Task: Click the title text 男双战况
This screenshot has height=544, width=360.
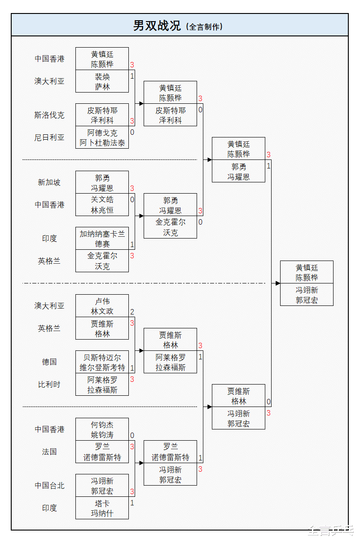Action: [157, 26]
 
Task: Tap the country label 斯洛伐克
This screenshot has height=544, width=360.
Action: [49, 115]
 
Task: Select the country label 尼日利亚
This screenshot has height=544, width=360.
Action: [49, 137]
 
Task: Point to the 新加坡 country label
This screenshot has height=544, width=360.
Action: [49, 182]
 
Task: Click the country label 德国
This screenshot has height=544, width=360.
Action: [49, 362]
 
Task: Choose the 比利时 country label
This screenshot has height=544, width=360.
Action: [49, 385]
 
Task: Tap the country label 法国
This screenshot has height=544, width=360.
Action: [49, 452]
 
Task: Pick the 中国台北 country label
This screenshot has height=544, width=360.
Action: [49, 486]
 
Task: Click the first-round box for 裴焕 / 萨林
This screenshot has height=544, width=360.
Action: [102, 81]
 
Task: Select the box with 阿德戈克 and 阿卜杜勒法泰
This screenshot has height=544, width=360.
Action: [102, 137]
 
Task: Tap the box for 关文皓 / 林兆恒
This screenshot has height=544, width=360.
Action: [102, 205]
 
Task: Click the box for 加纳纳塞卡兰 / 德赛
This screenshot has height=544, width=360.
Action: [102, 239]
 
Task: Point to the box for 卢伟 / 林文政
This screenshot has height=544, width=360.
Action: [102, 306]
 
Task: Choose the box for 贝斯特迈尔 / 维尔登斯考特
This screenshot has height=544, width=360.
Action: [102, 362]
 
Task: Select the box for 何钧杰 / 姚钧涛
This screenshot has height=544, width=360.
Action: [102, 429]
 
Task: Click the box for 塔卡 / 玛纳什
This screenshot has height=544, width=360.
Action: [102, 508]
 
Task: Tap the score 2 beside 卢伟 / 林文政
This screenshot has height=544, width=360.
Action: [132, 312]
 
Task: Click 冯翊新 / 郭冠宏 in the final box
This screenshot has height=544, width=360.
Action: [307, 295]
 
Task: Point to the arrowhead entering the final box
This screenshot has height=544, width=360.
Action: [278, 283]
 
